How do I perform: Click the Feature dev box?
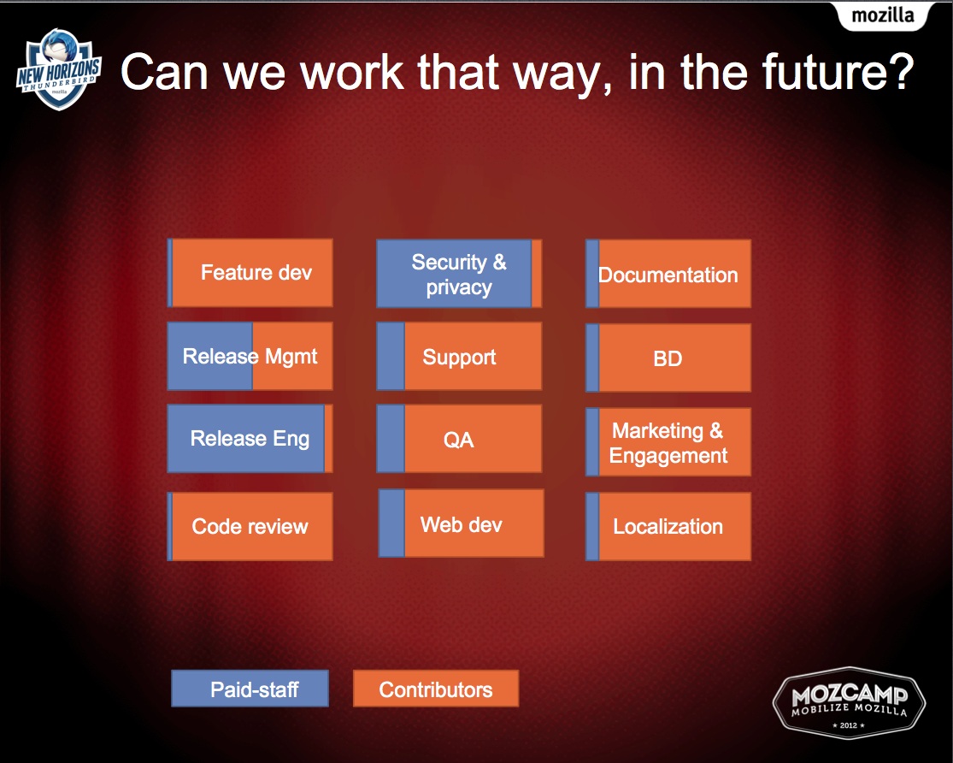(250, 273)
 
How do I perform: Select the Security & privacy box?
(459, 273)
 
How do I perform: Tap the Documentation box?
(668, 273)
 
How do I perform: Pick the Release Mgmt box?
(250, 356)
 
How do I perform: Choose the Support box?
(459, 356)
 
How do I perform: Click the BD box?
(668, 358)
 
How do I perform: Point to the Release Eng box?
(250, 439)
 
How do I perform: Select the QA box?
(459, 439)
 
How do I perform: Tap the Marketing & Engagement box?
(668, 441)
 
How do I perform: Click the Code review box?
(250, 526)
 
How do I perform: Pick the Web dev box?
(462, 523)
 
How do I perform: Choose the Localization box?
(668, 526)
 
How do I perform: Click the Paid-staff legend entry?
(250, 689)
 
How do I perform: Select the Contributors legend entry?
(436, 689)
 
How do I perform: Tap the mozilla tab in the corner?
(883, 15)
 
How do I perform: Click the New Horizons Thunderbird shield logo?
(58, 69)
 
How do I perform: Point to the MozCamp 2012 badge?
(849, 704)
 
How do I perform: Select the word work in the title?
(352, 72)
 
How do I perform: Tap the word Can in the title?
(164, 72)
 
